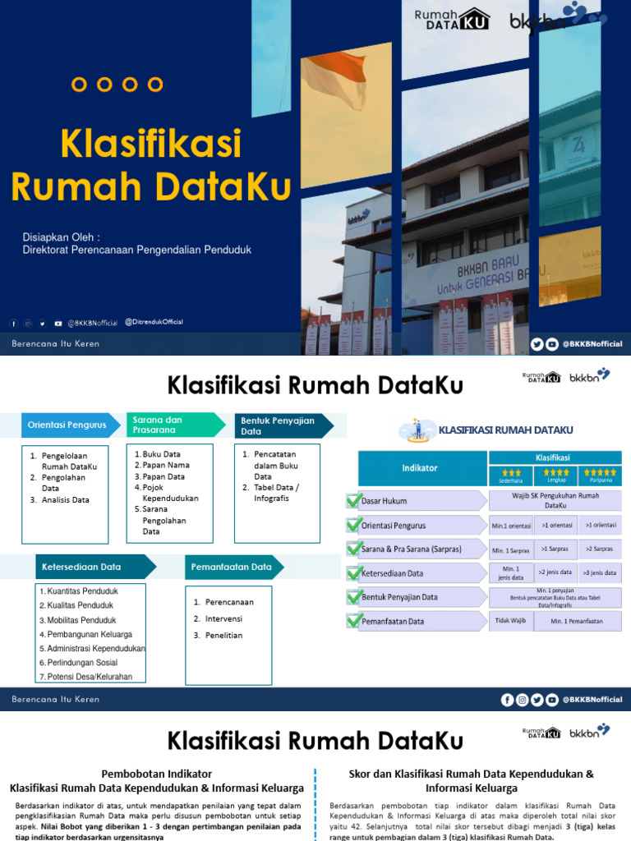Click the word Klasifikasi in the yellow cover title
coord(150,145)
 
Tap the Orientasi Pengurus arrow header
coord(67,425)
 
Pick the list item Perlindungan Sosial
coord(82,663)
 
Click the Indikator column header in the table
coord(419,468)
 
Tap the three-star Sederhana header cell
coord(510,476)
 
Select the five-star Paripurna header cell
coord(600,476)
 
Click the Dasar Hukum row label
coord(385,500)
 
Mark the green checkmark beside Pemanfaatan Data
coord(354,622)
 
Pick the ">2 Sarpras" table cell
coord(600,549)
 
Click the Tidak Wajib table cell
coord(510,621)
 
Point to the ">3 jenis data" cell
coord(600,572)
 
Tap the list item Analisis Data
coord(65,499)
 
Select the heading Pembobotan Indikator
coord(156,774)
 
